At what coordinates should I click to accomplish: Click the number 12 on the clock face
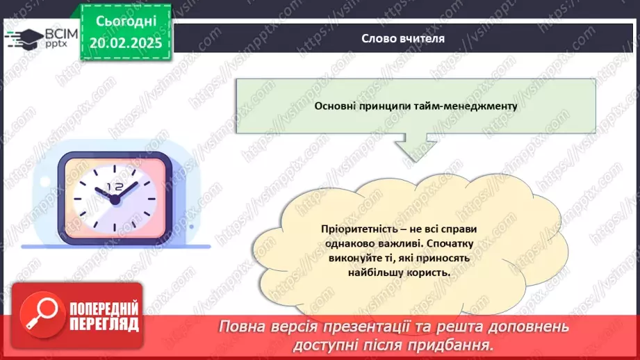tap(114, 187)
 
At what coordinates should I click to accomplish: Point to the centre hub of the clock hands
tap(115, 199)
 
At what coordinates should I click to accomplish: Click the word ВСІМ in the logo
tap(59, 34)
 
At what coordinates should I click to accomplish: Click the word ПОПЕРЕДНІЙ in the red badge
tap(104, 308)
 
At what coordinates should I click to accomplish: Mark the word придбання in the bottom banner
tap(458, 345)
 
